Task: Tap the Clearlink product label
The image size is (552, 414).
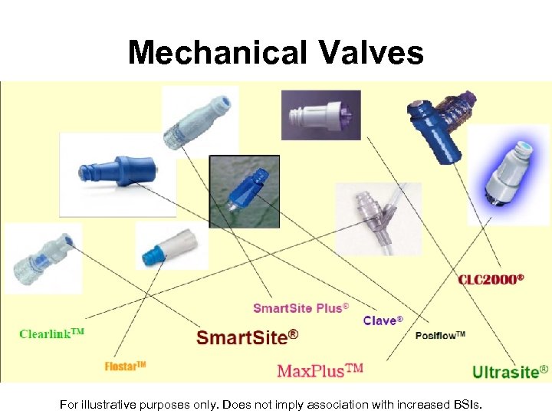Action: click(51, 334)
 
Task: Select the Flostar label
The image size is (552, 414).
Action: click(125, 366)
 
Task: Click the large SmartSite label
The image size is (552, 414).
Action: click(247, 337)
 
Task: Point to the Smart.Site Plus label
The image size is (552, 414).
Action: click(301, 308)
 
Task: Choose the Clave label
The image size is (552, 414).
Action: click(383, 320)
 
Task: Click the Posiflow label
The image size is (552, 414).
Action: click(440, 336)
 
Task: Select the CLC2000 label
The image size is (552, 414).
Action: click(491, 278)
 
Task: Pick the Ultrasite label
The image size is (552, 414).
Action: click(510, 373)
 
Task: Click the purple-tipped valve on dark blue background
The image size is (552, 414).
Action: click(320, 115)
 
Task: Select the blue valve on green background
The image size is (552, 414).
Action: click(245, 191)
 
